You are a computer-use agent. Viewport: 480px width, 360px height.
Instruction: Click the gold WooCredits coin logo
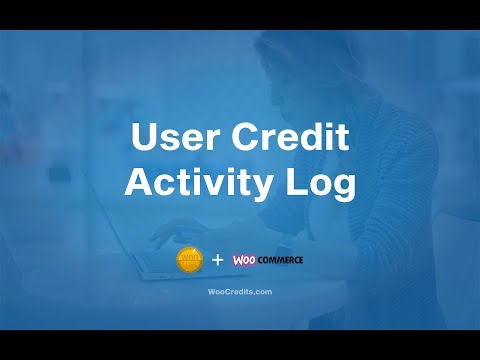188,259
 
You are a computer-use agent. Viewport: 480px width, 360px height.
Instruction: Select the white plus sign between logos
217,260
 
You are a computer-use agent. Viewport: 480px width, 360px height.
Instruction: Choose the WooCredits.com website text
239,292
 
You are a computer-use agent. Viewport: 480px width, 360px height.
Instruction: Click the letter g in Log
338,188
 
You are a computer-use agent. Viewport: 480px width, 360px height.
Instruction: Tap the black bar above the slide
240,14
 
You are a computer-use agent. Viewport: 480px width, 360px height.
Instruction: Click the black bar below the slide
240,344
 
